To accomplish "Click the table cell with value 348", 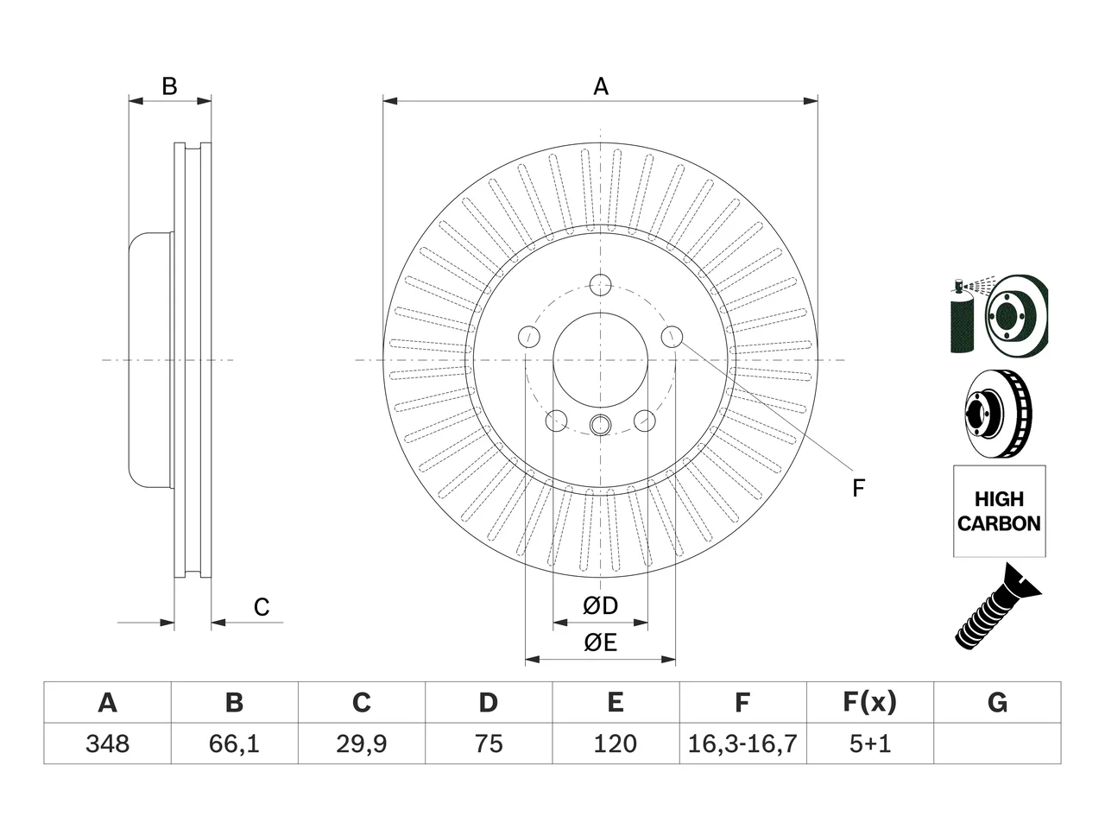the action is pyautogui.click(x=107, y=744).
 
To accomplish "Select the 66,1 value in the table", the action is pyautogui.click(x=234, y=744).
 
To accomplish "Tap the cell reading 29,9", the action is pyautogui.click(x=362, y=744).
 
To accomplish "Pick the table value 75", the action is pyautogui.click(x=489, y=744).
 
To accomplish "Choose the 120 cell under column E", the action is pyautogui.click(x=616, y=744).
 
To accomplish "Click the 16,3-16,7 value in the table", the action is pyautogui.click(x=742, y=744).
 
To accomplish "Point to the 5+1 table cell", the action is pyautogui.click(x=870, y=744).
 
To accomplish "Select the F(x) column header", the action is pyautogui.click(x=870, y=702).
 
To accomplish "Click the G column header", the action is pyautogui.click(x=997, y=702).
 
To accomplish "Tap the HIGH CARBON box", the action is pyautogui.click(x=1000, y=511).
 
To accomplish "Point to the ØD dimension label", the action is pyautogui.click(x=600, y=605).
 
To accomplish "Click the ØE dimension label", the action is pyautogui.click(x=600, y=642).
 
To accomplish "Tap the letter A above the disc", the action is pyautogui.click(x=601, y=86).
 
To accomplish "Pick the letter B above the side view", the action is pyautogui.click(x=170, y=86).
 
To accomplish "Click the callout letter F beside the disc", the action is pyautogui.click(x=858, y=488).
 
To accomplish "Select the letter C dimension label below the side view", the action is pyautogui.click(x=262, y=607).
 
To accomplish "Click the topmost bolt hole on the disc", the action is pyautogui.click(x=600, y=285).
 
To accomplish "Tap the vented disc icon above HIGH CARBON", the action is pyautogui.click(x=998, y=414).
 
